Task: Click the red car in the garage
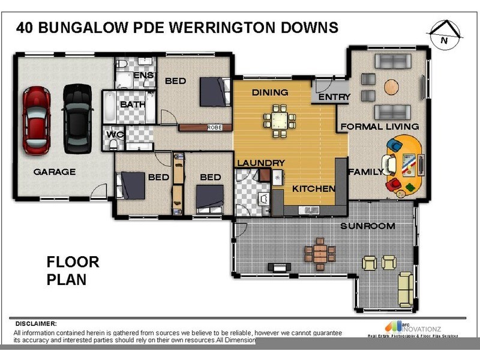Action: pyautogui.click(x=36, y=119)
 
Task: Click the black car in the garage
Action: pyautogui.click(x=77, y=118)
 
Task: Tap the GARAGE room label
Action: pyautogui.click(x=54, y=172)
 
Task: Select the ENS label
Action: pyautogui.click(x=143, y=75)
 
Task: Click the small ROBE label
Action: pyautogui.click(x=214, y=127)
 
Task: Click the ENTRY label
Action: pyautogui.click(x=334, y=97)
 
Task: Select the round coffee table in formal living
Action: pyautogui.click(x=391, y=86)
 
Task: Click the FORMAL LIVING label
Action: pyautogui.click(x=379, y=127)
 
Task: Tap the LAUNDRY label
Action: pyautogui.click(x=260, y=163)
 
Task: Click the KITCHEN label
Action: pyautogui.click(x=313, y=188)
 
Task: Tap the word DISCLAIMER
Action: pyautogui.click(x=36, y=323)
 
